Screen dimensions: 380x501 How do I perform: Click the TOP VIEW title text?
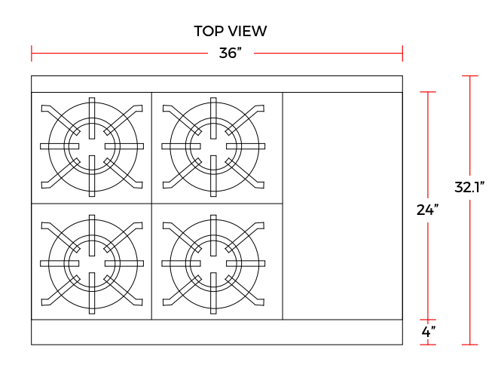(230, 31)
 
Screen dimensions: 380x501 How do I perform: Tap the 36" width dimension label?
(230, 54)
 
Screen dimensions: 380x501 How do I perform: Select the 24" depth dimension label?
(427, 210)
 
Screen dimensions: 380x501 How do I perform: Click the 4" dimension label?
(427, 332)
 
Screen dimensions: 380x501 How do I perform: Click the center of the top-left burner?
(92, 146)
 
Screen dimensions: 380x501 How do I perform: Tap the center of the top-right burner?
(215, 146)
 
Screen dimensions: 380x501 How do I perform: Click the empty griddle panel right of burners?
(343, 206)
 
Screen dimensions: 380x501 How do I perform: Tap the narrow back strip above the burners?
(217, 84)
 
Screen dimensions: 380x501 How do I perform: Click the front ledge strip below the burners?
(217, 332)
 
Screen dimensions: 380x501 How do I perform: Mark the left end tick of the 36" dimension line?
(32, 54)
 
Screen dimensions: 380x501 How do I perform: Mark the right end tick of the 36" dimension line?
(402, 54)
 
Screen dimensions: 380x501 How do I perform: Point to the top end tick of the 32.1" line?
(470, 76)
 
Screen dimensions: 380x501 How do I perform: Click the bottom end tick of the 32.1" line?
(470, 345)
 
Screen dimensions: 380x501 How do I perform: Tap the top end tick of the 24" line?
(428, 92)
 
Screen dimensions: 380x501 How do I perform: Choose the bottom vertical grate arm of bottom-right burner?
(215, 299)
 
